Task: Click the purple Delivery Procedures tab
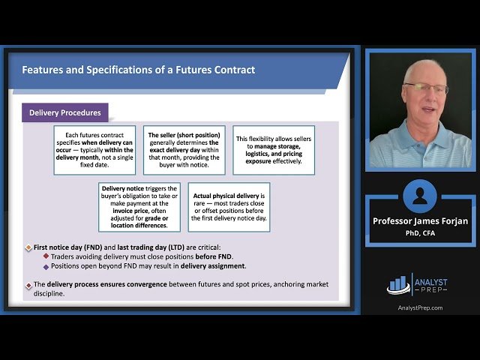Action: point(65,113)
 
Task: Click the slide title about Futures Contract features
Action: point(139,70)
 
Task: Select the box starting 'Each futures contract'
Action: point(94,150)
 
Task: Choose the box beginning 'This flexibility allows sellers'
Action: point(274,150)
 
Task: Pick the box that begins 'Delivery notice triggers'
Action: point(139,207)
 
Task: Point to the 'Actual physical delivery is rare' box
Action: point(229,207)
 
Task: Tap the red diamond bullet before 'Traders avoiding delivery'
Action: point(46,256)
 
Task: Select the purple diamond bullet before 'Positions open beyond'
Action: point(46,265)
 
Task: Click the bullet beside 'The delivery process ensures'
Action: point(28,285)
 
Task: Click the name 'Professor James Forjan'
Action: point(419,221)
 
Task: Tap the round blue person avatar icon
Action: point(419,196)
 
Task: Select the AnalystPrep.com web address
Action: point(419,307)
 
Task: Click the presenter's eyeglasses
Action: point(426,88)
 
